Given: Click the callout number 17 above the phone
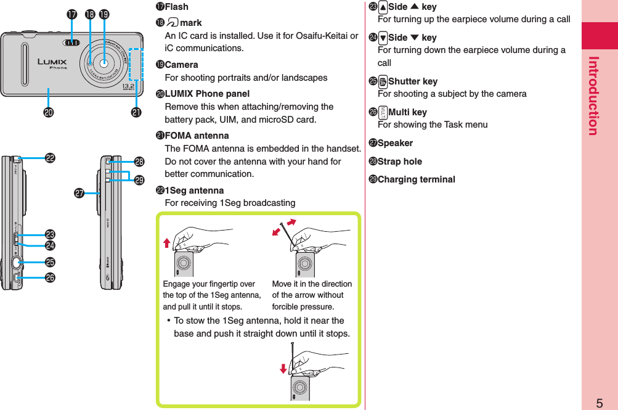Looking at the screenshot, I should [x=71, y=14].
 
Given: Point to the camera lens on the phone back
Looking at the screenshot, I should [x=104, y=63].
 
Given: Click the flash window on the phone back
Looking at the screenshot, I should [x=72, y=43].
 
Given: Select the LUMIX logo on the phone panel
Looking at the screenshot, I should [x=52, y=62].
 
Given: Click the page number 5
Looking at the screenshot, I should [x=599, y=403].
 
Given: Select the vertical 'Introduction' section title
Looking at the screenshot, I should [x=593, y=96].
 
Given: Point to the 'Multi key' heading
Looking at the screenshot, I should [x=407, y=112].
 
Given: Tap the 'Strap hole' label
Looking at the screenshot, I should [x=400, y=162].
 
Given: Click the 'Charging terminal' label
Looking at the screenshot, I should [x=416, y=179].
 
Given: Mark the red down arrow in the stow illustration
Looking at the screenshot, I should [x=283, y=369].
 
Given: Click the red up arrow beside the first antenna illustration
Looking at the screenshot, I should [x=166, y=243].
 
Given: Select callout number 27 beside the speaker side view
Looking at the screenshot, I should [x=79, y=194].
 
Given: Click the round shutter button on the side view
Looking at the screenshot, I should [x=17, y=263].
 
